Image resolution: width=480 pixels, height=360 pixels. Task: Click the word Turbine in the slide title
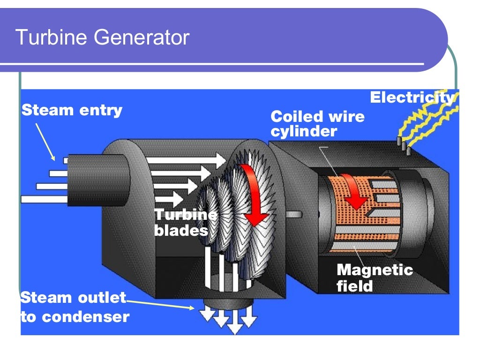tap(52, 37)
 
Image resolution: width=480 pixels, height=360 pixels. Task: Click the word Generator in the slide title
tap(142, 37)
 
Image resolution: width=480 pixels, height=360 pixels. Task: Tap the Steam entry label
tap(72, 110)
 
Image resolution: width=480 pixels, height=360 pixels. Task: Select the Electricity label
tap(412, 97)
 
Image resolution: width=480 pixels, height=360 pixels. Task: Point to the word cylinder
tap(304, 132)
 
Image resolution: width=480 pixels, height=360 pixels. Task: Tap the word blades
tap(181, 231)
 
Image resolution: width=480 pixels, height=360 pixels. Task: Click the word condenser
tap(85, 317)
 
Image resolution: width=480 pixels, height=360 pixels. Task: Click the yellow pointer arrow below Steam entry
tap(45, 142)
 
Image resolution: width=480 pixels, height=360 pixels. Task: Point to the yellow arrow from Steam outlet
tap(160, 305)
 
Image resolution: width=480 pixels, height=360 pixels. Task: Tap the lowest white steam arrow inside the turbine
tap(169, 199)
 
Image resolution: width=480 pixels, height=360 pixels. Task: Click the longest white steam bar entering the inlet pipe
tap(45, 200)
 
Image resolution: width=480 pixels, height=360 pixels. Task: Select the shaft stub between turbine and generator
tap(293, 215)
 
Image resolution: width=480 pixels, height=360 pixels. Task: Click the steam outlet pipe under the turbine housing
tap(229, 304)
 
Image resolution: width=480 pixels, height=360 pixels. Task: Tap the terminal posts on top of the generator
tap(404, 145)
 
